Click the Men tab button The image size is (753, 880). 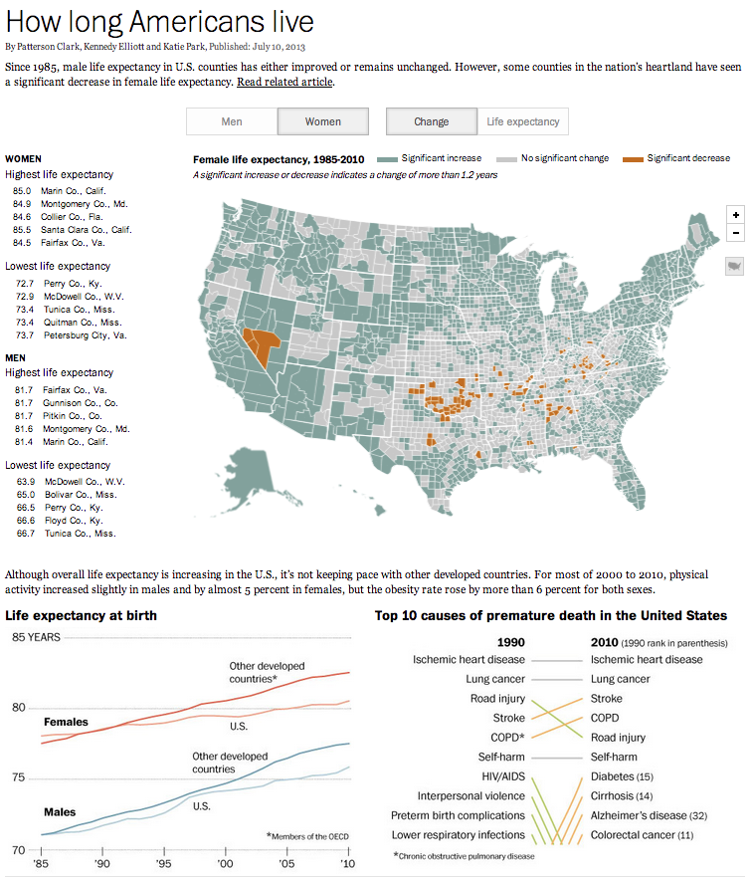click(x=231, y=121)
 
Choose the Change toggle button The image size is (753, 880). click(x=431, y=121)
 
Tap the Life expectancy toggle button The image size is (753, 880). click(x=523, y=121)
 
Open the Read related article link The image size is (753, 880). click(x=284, y=82)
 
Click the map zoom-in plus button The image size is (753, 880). click(x=735, y=214)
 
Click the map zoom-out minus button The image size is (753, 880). click(x=735, y=233)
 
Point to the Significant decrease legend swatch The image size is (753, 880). click(x=632, y=158)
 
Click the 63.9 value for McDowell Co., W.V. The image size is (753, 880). click(x=26, y=482)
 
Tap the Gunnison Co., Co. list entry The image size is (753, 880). click(x=81, y=402)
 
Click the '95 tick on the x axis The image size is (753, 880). click(x=164, y=863)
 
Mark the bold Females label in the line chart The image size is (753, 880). click(x=66, y=722)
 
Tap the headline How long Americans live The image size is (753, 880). click(x=160, y=22)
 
